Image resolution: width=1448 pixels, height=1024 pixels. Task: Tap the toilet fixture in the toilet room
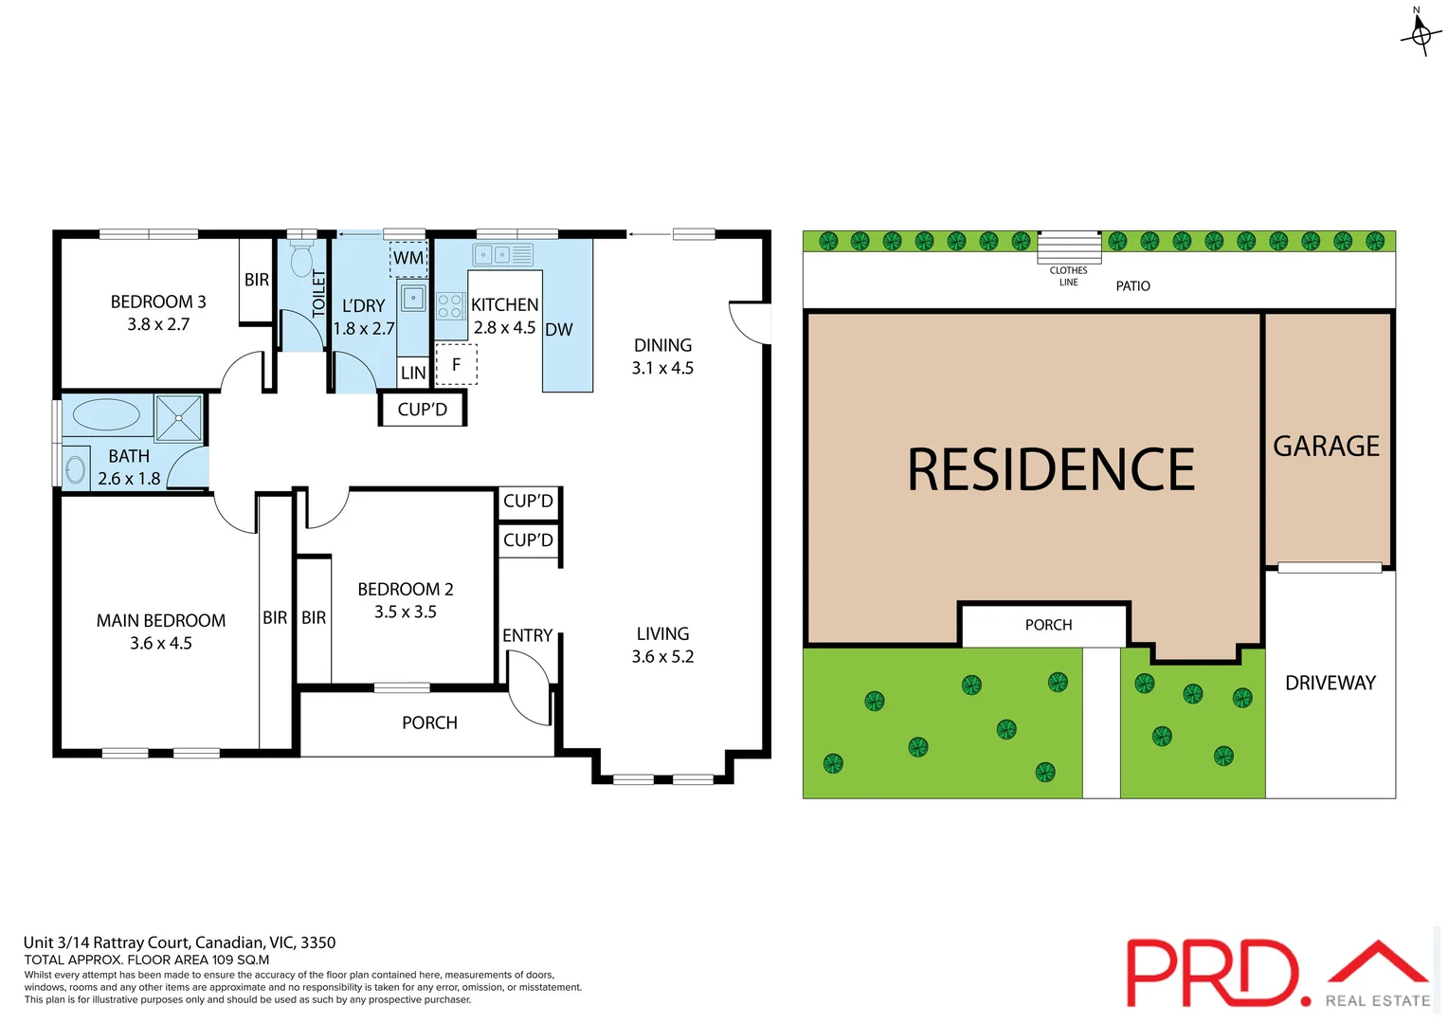pos(301,259)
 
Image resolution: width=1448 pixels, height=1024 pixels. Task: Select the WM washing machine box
pos(408,258)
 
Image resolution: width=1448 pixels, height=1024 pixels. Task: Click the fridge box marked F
pos(456,364)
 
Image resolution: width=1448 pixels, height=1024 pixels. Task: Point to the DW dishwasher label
pos(559,330)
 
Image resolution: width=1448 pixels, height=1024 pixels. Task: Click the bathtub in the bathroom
pos(106,415)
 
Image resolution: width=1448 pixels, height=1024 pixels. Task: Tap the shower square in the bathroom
pos(179,418)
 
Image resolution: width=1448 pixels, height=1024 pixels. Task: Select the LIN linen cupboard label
pos(413,373)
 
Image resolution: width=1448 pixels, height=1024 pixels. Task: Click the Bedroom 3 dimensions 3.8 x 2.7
pos(158,324)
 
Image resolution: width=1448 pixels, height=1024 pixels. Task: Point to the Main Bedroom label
pos(161,621)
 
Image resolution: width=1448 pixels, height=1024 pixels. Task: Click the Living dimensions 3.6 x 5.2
pos(662,656)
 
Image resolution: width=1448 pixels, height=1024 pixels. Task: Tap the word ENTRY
pos(527,635)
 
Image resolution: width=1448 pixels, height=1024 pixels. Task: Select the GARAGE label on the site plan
pos(1326,446)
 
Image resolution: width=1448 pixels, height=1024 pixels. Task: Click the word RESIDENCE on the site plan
pos(1051,470)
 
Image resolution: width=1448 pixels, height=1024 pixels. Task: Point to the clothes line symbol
pos(1069,247)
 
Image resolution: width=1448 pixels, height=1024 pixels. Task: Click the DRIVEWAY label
pos(1330,683)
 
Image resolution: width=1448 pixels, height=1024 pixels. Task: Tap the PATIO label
pos(1132,286)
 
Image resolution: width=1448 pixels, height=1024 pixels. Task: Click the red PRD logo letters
pos(1213,973)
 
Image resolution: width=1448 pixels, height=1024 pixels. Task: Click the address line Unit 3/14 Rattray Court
pos(179,942)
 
